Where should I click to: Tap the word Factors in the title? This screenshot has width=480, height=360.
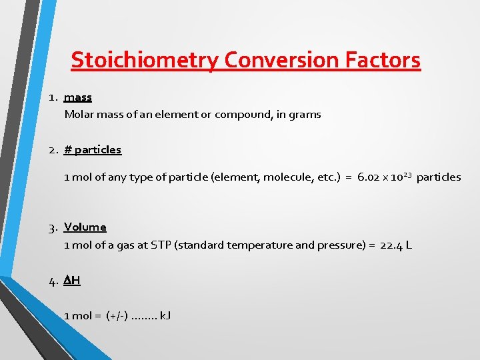tap(383, 60)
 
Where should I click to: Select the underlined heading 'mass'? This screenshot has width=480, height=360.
tap(78, 97)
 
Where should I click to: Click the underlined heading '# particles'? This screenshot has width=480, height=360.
tap(93, 150)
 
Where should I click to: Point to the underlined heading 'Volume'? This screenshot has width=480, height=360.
tap(85, 227)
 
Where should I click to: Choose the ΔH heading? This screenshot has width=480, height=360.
tap(72, 281)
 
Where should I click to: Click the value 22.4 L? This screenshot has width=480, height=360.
tap(396, 245)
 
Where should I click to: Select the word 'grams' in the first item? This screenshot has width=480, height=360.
tap(305, 115)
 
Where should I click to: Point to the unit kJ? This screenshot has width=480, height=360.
tap(165, 315)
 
